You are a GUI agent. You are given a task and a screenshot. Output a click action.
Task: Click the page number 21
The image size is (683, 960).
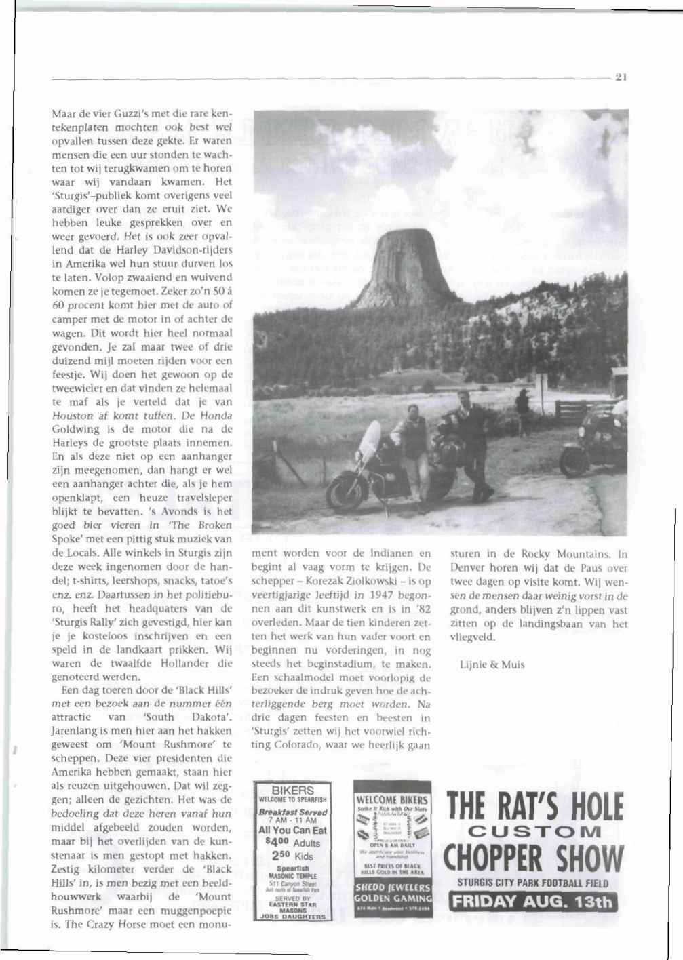pyautogui.click(x=620, y=77)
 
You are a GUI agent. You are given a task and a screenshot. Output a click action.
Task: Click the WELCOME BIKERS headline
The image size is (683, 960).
pyautogui.click(x=391, y=800)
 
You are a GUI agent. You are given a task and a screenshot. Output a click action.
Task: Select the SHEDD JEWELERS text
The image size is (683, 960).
pyautogui.click(x=391, y=887)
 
